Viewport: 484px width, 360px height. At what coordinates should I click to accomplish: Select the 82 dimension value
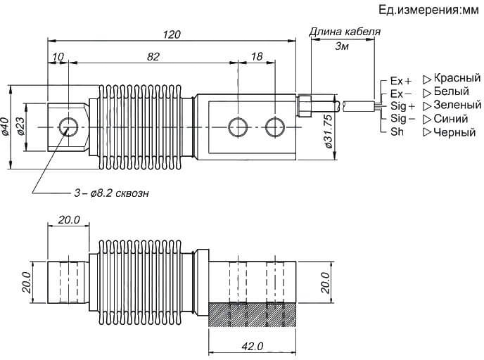tap(153, 56)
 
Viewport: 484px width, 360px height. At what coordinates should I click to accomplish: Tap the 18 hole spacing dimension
tap(256, 56)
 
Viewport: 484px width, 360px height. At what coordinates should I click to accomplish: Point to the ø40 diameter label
tap(6, 126)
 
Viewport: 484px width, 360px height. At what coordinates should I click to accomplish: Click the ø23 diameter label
tap(20, 126)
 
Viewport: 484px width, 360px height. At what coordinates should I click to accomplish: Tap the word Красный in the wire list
tap(457, 78)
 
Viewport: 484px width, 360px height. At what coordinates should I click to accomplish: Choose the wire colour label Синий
tap(452, 118)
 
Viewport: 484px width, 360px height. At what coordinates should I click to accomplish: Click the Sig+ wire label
tap(403, 105)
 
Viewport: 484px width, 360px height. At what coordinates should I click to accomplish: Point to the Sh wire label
tap(396, 131)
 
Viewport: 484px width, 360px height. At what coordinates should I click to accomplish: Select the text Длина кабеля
tap(345, 32)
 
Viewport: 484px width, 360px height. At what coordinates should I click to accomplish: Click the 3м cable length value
tap(342, 46)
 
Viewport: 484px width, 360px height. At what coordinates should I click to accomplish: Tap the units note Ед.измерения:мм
tap(428, 10)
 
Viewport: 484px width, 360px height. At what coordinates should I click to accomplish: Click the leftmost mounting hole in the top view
tap(69, 127)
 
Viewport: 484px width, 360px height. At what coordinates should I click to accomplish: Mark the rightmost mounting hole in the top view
tap(274, 127)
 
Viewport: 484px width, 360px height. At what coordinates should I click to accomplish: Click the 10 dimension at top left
tap(58, 56)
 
